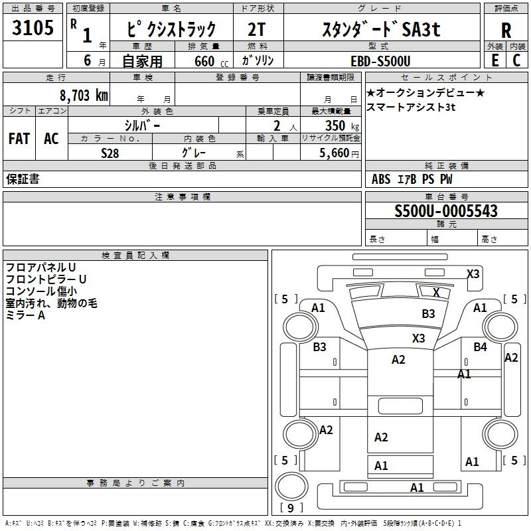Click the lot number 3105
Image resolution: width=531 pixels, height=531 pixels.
click(x=33, y=29)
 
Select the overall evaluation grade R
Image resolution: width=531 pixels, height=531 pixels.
click(x=506, y=30)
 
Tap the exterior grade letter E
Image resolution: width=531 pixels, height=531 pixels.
click(x=494, y=60)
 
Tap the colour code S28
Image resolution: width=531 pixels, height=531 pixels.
click(x=110, y=152)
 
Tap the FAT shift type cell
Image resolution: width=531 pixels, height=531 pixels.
click(x=19, y=139)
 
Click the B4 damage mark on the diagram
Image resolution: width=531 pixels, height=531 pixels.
click(x=480, y=346)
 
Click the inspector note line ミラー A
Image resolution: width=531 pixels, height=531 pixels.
click(x=25, y=315)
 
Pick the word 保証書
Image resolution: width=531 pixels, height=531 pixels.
click(x=23, y=179)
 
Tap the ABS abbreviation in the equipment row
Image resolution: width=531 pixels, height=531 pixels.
click(x=381, y=179)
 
